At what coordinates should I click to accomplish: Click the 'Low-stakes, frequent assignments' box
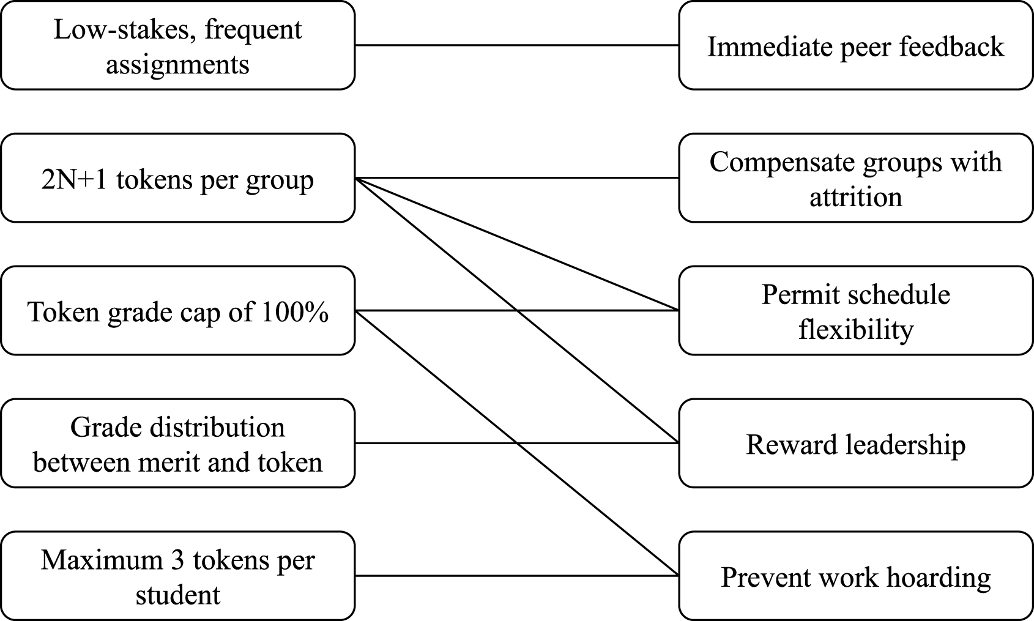[x=177, y=46]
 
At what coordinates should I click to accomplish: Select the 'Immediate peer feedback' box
[x=855, y=46]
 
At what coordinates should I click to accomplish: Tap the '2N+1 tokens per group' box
[x=177, y=178]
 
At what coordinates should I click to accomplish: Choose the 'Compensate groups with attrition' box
[x=855, y=178]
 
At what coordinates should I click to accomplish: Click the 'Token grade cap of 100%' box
[x=177, y=311]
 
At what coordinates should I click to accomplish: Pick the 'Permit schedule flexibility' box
[x=855, y=311]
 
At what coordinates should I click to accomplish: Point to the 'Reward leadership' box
[x=855, y=444]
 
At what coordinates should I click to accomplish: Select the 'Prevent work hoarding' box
[x=855, y=576]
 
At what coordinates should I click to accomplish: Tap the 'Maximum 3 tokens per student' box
[x=177, y=576]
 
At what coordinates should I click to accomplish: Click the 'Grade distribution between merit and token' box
[x=177, y=444]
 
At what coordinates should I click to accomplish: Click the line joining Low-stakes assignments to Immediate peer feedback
[x=517, y=45]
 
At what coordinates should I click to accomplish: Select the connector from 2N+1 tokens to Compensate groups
[x=517, y=178]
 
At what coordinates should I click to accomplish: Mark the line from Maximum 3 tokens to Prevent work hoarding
[x=517, y=576]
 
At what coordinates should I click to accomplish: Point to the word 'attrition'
[x=855, y=197]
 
